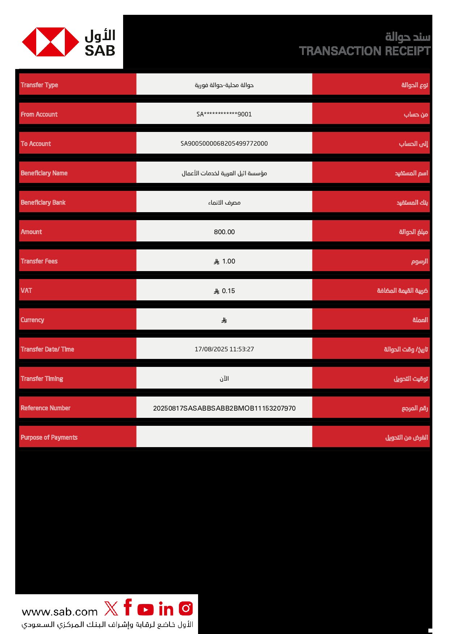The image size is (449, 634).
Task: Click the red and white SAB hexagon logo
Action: pos(50,42)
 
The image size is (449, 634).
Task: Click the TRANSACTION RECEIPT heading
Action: pos(364,51)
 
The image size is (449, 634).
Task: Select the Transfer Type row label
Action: pos(39,85)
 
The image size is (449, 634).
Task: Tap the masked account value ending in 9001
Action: pos(224,114)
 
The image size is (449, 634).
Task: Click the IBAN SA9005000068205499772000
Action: pos(224,143)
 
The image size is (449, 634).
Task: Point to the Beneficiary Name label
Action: pos(44,173)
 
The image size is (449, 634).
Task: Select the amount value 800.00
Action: pos(224,232)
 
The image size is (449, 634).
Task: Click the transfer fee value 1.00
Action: pos(228,261)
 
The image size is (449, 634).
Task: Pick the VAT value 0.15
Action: pos(228,291)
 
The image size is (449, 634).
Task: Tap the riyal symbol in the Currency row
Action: pos(224,320)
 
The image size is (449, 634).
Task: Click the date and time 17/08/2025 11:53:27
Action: pos(224,349)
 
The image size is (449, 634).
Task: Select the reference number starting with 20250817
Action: pos(224,408)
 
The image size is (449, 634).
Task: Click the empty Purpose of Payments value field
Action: pos(224,437)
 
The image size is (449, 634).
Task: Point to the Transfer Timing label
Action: pos(42,378)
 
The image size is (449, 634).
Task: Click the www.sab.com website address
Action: pos(60,612)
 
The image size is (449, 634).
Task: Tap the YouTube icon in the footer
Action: pos(146,609)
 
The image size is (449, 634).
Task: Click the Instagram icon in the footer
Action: pos(186,608)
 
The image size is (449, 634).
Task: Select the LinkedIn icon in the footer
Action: pos(166,609)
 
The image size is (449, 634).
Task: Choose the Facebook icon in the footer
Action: pos(127,607)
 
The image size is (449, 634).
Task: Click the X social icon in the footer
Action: pos(111,608)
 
